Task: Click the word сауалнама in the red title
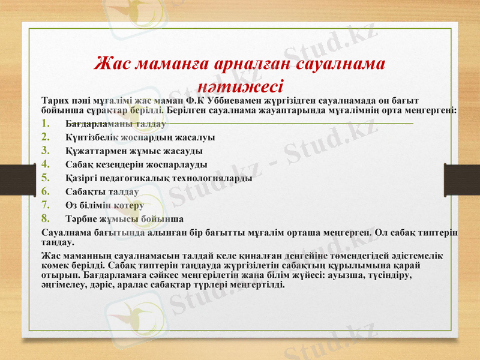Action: click(338, 63)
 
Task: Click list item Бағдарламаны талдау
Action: click(116, 124)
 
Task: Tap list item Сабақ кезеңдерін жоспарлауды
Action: click(136, 164)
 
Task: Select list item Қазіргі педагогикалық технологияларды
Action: click(158, 178)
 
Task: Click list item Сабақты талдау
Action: click(102, 191)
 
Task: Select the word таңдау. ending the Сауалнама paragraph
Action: click(58, 243)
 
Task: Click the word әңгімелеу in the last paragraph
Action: click(64, 284)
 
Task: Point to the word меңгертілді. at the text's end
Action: click(256, 284)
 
